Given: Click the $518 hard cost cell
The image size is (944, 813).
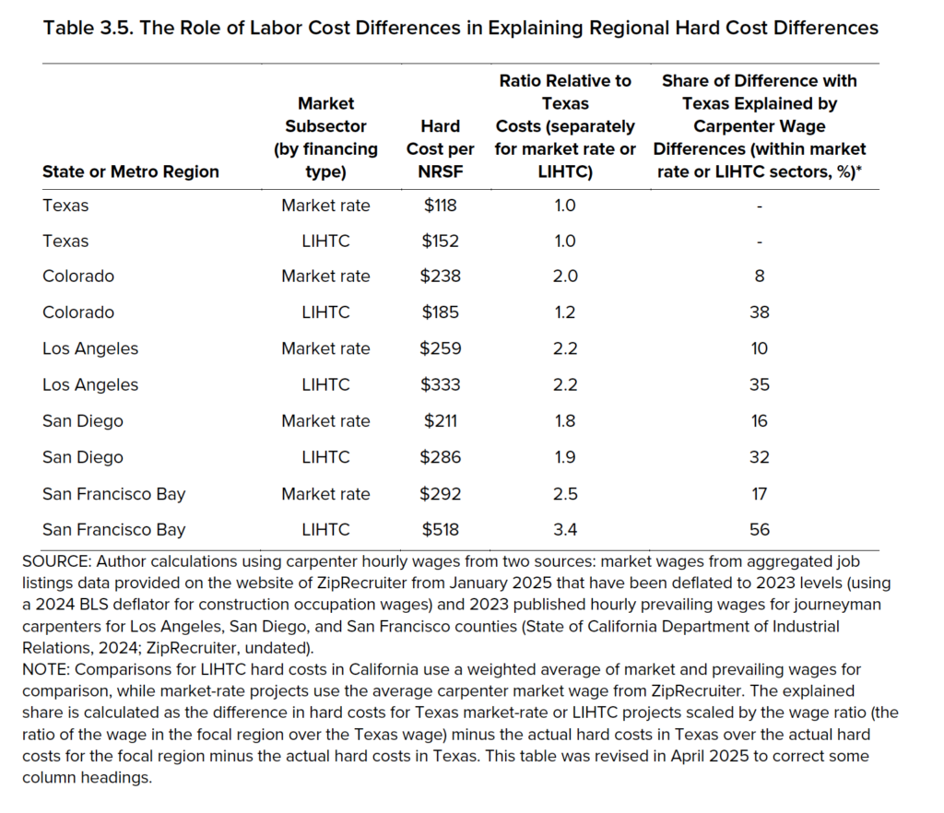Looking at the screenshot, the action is (x=440, y=530).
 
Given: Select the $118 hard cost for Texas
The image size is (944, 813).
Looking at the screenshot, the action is (x=440, y=206).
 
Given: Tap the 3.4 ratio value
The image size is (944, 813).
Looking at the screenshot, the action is (x=565, y=530).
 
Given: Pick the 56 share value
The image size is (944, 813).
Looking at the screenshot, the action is (x=760, y=530).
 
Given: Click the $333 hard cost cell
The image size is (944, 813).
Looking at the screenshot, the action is (x=440, y=384).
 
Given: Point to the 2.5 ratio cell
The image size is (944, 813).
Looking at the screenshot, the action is (x=565, y=494).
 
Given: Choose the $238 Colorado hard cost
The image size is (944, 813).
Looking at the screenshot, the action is (x=440, y=277).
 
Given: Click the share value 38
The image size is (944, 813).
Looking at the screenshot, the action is (x=760, y=312).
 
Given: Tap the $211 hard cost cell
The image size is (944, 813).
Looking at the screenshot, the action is (x=440, y=421).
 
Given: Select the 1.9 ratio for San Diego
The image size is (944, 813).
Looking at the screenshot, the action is (x=565, y=457).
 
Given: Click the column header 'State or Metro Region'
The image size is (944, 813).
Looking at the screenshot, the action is (x=131, y=172).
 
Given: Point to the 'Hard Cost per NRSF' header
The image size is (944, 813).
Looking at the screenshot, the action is (x=440, y=149).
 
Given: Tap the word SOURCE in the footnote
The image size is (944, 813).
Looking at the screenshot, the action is (x=56, y=561).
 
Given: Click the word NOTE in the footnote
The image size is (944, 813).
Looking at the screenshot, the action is (x=46, y=670).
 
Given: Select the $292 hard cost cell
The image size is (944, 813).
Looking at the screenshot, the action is (x=440, y=494).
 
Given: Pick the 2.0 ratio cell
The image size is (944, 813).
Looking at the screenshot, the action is (x=565, y=277).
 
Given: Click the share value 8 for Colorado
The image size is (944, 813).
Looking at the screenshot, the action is (x=760, y=277).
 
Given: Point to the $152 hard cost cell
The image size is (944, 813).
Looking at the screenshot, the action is (x=440, y=242).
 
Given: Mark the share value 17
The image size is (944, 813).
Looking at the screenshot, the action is (x=760, y=494).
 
